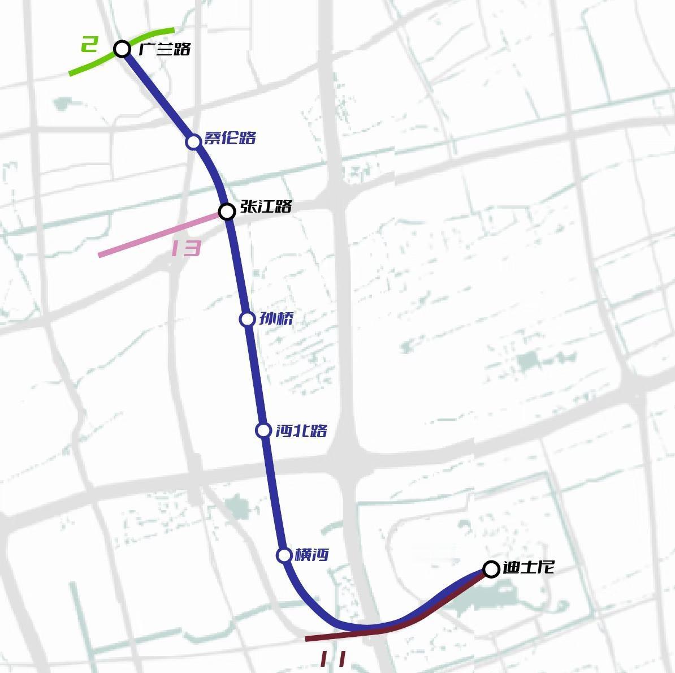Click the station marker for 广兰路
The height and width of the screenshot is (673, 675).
coord(122,49)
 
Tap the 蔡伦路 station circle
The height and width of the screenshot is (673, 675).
coord(193,141)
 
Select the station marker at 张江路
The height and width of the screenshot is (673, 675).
coord(227,212)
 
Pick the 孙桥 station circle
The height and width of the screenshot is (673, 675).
coord(247,319)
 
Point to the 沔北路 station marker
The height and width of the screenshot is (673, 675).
coord(263,430)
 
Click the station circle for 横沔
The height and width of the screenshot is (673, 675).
coord(284,555)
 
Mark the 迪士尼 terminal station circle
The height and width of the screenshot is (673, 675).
coord(491,569)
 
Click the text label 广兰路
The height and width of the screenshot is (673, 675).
coord(165,49)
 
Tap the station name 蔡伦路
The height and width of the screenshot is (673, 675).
coord(230,138)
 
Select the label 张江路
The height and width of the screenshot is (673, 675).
coord(266,206)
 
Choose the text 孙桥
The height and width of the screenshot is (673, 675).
coord(276,319)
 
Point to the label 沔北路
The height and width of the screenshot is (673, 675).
coord(301,431)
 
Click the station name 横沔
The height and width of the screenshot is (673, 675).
coord(311,555)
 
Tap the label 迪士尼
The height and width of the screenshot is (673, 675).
coord(528,567)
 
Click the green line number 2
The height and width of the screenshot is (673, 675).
coord(89,44)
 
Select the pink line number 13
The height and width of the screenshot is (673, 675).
coord(186,248)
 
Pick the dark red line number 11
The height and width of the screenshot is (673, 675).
coord(333,658)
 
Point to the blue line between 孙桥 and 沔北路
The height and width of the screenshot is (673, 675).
coord(255,374)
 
